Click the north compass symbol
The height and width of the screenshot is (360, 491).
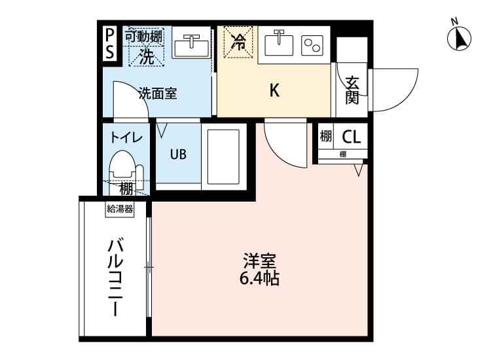[459, 39]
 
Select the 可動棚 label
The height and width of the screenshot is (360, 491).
[144, 37]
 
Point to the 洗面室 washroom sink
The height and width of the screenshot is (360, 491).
[191, 45]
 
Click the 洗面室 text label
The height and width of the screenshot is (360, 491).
[157, 93]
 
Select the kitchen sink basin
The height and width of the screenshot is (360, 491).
[279, 45]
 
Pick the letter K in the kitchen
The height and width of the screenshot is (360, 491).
[275, 91]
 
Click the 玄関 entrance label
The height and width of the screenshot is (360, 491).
[352, 90]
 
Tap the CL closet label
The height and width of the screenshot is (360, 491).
[351, 137]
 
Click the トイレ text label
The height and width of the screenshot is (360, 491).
[126, 137]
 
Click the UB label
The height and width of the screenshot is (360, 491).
[178, 155]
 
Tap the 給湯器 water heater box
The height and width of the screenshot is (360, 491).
[120, 210]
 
